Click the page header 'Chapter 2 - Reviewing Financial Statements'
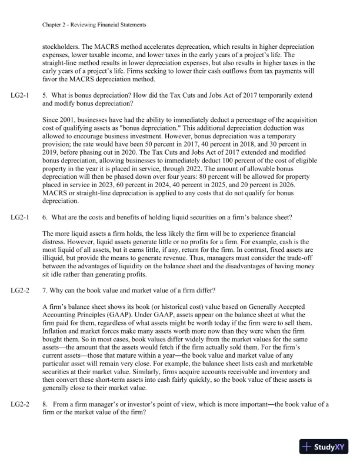click(95, 25)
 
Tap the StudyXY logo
click(325, 447)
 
